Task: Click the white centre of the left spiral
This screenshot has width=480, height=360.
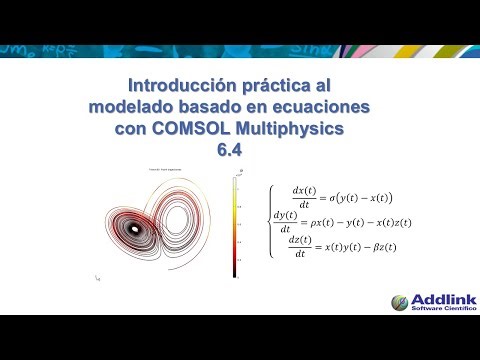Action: [134, 228]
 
